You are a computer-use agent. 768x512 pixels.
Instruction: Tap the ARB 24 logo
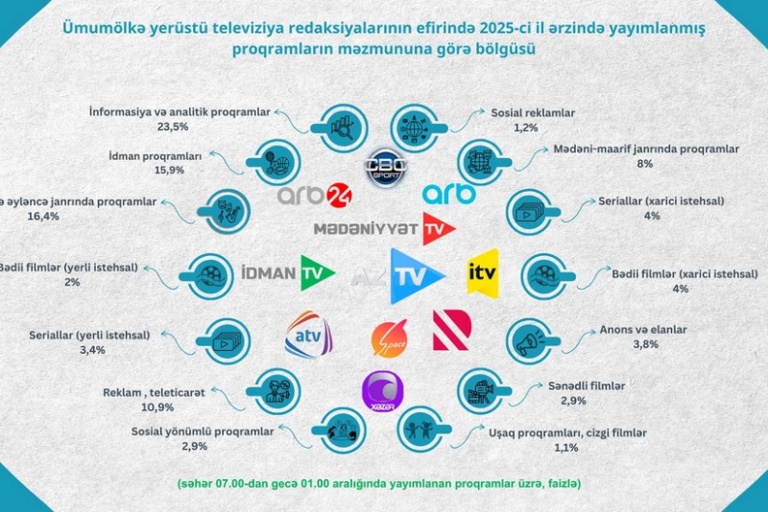pos(314,195)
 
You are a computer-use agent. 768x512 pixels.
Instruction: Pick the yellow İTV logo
pos(482,273)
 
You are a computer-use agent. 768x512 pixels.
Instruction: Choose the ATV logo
pos(308,334)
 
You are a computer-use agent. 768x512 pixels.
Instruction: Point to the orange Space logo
pos(387,337)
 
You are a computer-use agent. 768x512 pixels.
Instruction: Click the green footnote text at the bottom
pos(383,481)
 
